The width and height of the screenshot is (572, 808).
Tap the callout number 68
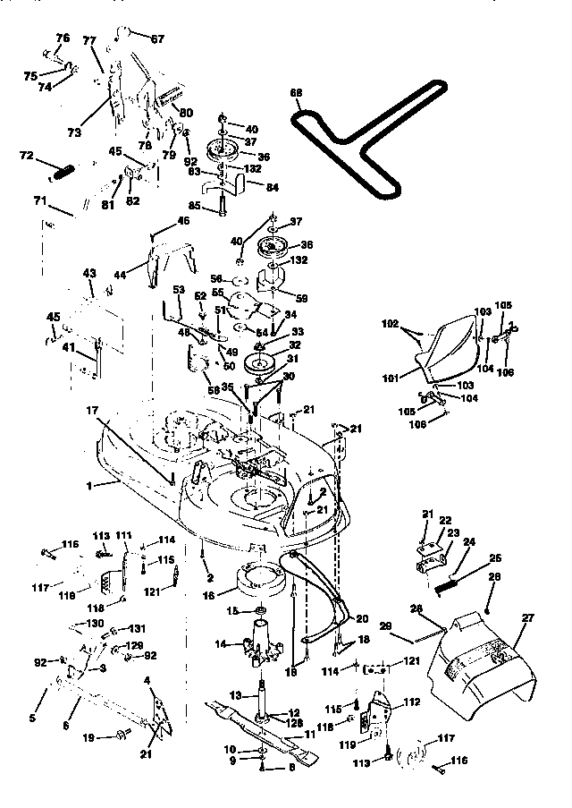click(x=297, y=91)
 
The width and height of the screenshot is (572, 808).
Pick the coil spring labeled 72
click(x=58, y=168)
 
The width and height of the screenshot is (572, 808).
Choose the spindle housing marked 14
click(x=262, y=641)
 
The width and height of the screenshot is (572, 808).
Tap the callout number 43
click(x=88, y=272)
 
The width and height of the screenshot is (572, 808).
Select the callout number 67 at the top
click(x=157, y=39)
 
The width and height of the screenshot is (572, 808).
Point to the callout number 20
click(x=362, y=618)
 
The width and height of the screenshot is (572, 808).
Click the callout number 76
click(x=62, y=38)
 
